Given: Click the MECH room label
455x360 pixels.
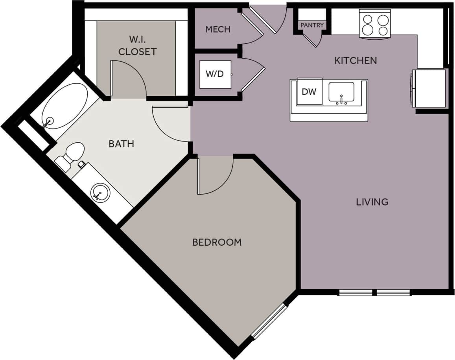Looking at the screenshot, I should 217,29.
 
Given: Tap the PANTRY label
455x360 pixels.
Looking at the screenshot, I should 312,25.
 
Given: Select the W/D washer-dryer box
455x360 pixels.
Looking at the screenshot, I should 215,74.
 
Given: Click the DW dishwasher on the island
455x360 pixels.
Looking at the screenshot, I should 309,92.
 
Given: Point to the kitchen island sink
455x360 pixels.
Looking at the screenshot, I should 341,93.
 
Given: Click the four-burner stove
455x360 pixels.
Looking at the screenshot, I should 375,24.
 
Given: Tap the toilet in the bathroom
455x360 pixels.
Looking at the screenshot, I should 71,155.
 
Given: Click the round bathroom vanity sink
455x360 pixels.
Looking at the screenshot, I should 99,193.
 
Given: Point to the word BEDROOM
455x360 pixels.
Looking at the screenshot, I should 217,242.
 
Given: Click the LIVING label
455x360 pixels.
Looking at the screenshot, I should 372,202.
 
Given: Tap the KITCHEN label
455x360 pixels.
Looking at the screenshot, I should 356,61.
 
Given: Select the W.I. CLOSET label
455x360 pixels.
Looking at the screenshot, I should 137,46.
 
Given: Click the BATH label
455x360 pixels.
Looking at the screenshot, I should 121,144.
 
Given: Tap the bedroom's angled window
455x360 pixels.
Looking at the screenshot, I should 270,321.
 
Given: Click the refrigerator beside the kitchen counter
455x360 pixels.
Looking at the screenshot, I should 430,88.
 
